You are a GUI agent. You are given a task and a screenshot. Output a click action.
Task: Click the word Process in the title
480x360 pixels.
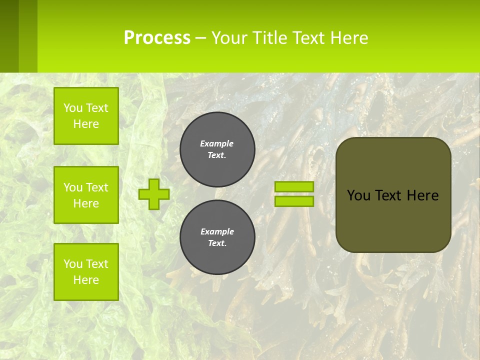(157, 37)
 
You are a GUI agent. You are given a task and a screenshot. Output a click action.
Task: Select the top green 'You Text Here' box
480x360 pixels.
(86, 116)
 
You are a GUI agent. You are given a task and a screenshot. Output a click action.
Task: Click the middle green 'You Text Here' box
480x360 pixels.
(86, 195)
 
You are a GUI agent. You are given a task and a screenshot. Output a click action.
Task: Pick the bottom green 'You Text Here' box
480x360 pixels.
(86, 272)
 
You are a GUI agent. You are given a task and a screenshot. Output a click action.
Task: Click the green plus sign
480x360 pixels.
(154, 194)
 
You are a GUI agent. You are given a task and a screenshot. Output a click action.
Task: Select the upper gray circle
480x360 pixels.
(217, 149)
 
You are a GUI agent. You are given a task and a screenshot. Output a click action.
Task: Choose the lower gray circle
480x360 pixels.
(217, 237)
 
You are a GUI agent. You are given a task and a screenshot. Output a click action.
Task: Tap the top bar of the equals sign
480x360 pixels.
(294, 186)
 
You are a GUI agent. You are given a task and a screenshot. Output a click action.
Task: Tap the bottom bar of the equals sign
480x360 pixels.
(294, 201)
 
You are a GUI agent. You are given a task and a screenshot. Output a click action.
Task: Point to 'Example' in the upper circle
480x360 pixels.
(217, 143)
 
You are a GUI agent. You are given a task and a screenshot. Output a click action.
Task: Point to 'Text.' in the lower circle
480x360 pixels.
(217, 243)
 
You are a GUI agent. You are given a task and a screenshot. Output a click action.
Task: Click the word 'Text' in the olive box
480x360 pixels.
(388, 195)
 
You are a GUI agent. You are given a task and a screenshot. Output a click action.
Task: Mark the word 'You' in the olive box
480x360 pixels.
(358, 195)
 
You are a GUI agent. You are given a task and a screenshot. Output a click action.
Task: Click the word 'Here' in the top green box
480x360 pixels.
(86, 124)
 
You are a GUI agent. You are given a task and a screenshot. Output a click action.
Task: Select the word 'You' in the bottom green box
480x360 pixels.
(73, 264)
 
